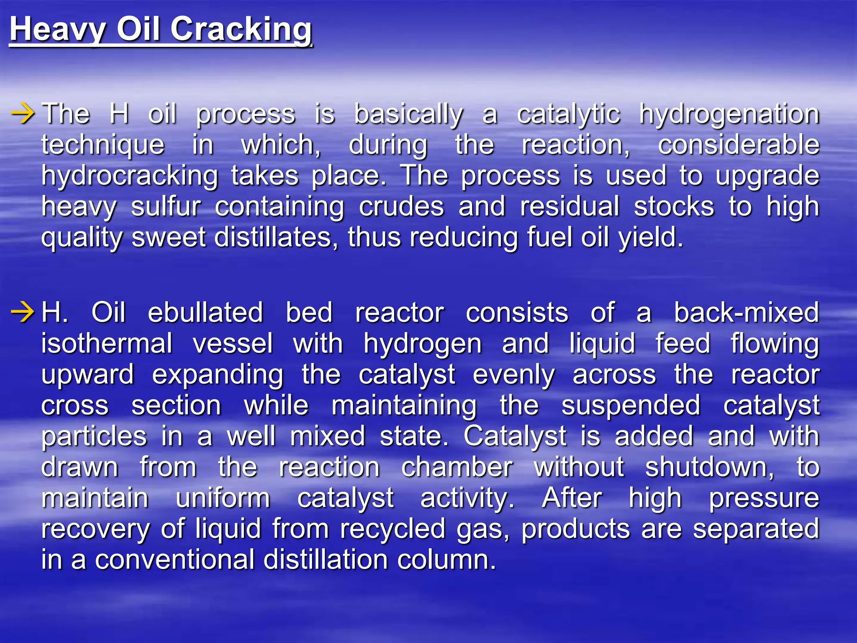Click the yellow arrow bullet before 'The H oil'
tap(23, 113)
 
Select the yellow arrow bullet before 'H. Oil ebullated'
tap(23, 312)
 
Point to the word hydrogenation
tap(729, 114)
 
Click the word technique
tap(103, 145)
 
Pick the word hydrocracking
tap(130, 176)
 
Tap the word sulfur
tap(166, 206)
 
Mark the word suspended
tap(631, 405)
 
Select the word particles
tap(94, 436)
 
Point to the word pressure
tap(764, 498)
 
